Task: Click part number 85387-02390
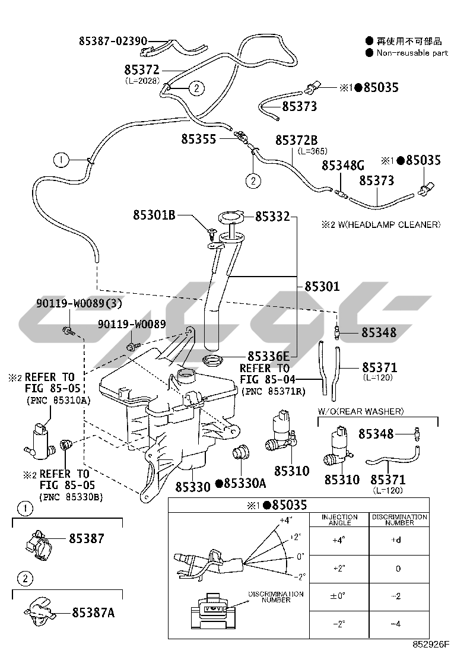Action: pos(113,41)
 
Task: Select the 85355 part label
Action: pos(199,138)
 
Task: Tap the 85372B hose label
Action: pos(300,139)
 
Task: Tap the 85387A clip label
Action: pos(93,613)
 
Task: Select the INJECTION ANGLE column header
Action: pos(339,520)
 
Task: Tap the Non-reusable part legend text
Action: pos(411,53)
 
